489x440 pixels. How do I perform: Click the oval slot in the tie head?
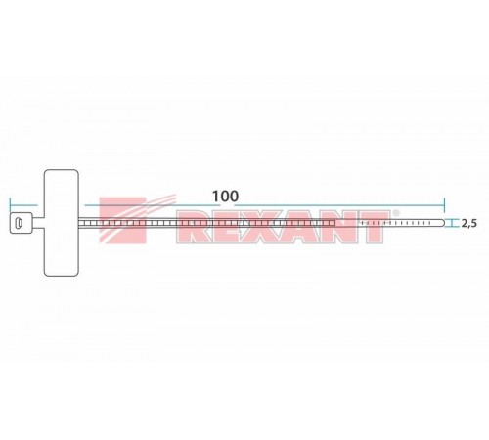(x=20, y=226)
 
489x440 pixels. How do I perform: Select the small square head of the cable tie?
(x=21, y=226)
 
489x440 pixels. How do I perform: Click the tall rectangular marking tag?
(x=61, y=225)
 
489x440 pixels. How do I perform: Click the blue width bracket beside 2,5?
(x=452, y=225)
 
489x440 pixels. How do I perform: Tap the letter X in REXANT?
(x=265, y=226)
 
